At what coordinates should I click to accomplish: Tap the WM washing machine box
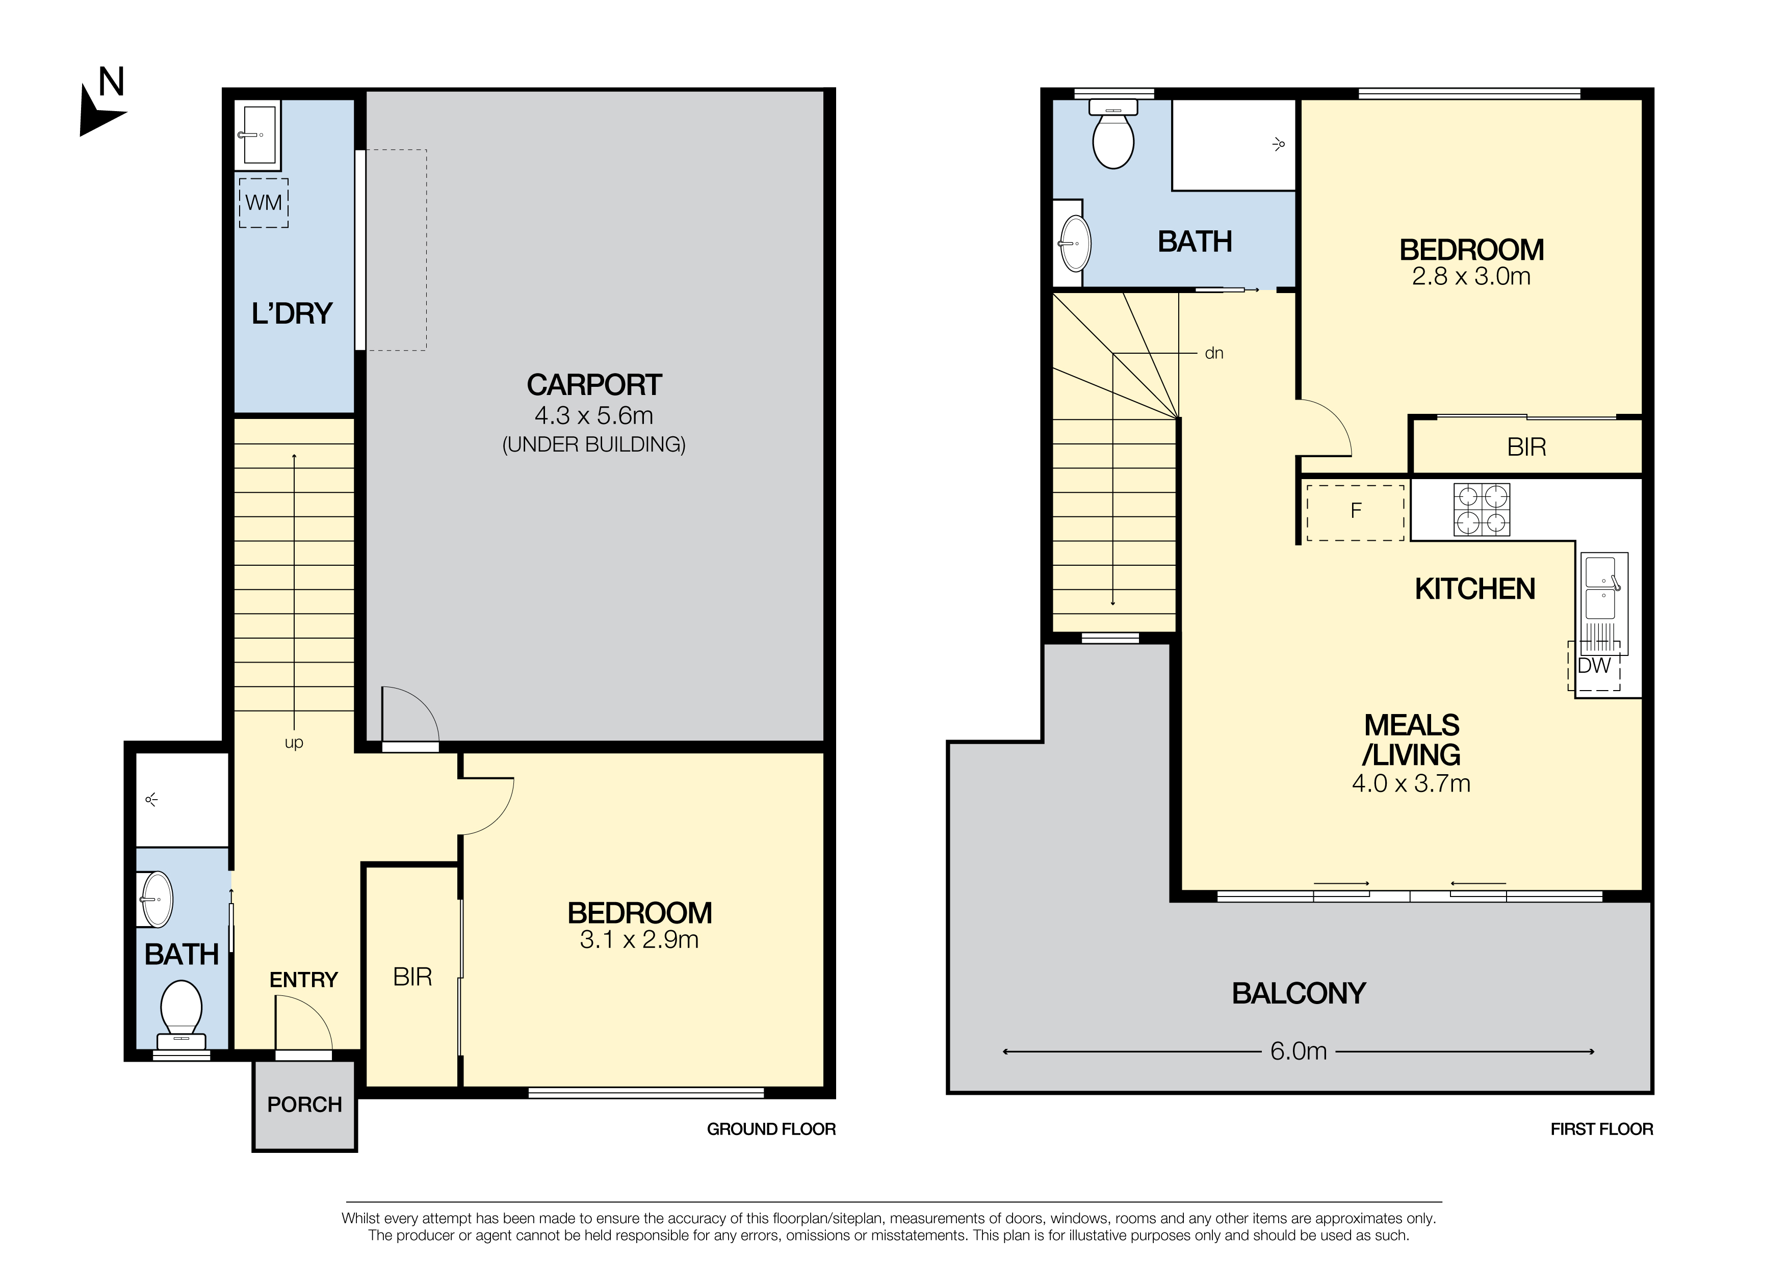(264, 202)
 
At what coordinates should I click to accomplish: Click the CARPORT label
(594, 385)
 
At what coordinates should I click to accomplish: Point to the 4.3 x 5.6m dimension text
(594, 415)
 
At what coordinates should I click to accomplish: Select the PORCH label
(305, 1104)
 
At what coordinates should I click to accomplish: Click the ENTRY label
(304, 980)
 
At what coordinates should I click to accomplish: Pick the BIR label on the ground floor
(412, 977)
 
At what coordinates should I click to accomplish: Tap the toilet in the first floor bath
(1113, 134)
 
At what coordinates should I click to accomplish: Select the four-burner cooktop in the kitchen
(1481, 510)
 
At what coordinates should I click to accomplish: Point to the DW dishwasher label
(1594, 666)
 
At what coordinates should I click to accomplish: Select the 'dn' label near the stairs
(1214, 354)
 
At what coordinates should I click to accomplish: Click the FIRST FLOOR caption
(1601, 1129)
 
